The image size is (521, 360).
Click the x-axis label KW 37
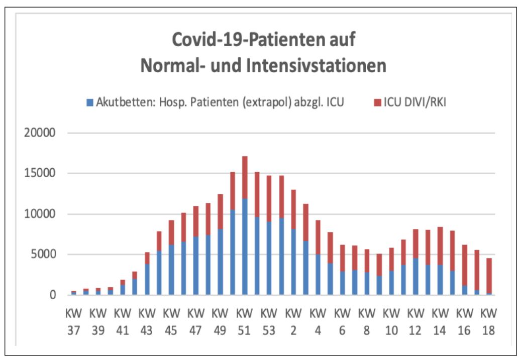pyautogui.click(x=74, y=321)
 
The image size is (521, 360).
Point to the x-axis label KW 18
pyautogui.click(x=489, y=321)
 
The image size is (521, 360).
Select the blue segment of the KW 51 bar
pyautogui.click(x=245, y=247)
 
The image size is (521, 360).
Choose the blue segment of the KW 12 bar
pyautogui.click(x=415, y=277)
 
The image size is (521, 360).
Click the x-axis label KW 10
pyautogui.click(x=391, y=321)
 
